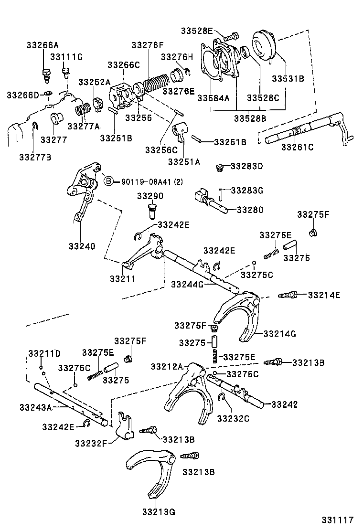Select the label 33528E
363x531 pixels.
pos(196,31)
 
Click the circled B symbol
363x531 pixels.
pos(108,181)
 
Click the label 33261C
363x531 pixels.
pos(297,147)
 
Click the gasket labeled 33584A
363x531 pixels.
pos(211,66)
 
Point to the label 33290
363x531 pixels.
pos(150,196)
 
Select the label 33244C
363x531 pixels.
pos(187,285)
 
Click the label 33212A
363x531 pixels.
pos(167,366)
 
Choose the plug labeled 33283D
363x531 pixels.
pos(220,167)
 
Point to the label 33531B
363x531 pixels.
pos(288,79)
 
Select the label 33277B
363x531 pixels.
pos(35,156)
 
